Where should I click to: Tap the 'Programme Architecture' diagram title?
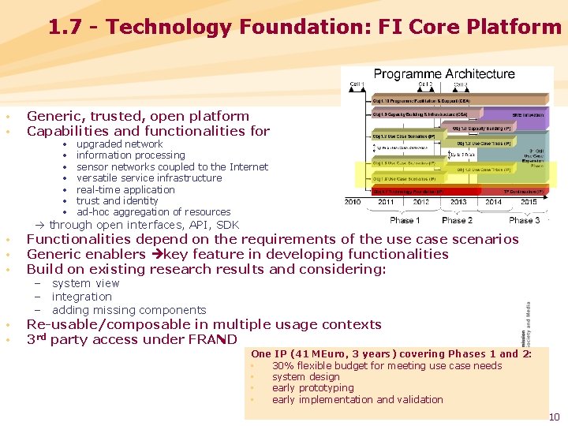[x=444, y=74]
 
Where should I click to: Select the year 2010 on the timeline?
[x=353, y=203]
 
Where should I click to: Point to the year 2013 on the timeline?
[x=458, y=203]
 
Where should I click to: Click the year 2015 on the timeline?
[x=528, y=203]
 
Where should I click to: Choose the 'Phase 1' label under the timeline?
[x=405, y=220]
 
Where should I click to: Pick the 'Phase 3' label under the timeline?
[x=524, y=220]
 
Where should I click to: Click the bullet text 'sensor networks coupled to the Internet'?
[x=172, y=166]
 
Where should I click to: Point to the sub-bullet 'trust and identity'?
[x=118, y=200]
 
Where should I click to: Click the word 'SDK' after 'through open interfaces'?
[x=226, y=225]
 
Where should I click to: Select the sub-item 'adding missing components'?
[x=129, y=310]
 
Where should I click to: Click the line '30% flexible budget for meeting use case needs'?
[x=387, y=365]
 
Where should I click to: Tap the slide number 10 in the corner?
[x=554, y=417]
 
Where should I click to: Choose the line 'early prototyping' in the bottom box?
[x=312, y=387]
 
